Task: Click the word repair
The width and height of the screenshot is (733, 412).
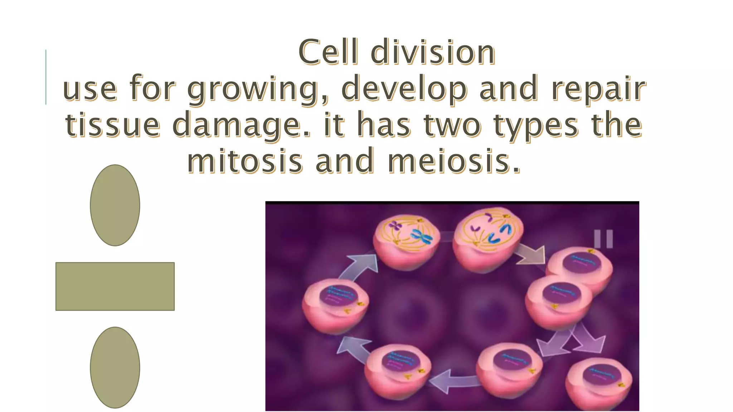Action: (598, 89)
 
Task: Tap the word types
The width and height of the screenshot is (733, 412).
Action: (536, 125)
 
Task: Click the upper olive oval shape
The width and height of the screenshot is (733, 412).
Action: (115, 205)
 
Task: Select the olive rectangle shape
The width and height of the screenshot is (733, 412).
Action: (115, 286)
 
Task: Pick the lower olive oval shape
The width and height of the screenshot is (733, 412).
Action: (115, 367)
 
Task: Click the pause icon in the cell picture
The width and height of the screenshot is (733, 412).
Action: (603, 239)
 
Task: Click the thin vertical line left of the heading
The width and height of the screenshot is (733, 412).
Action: (46, 77)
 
